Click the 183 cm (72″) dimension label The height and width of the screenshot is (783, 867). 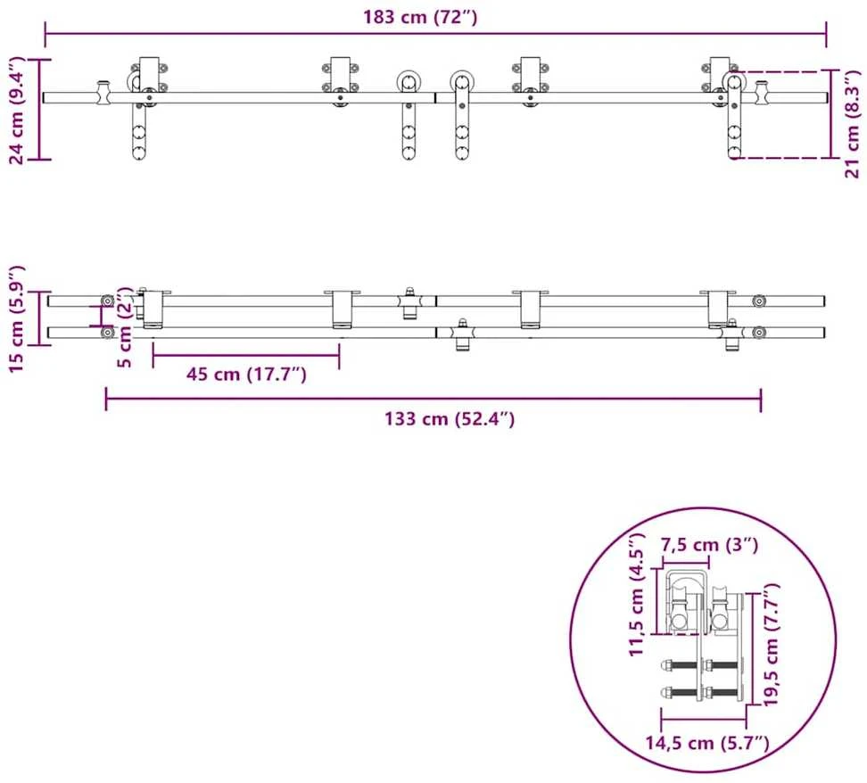pos(420,17)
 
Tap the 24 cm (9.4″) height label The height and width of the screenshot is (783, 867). pos(17,110)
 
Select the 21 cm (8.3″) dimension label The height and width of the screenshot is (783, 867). pos(853,123)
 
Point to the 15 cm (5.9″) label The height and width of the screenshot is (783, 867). pos(17,319)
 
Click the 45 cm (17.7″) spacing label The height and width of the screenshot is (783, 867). pos(246,375)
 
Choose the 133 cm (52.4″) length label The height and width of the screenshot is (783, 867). pos(450,419)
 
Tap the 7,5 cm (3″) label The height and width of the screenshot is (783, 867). pos(709,545)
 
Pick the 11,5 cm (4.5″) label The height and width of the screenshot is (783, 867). pos(637,595)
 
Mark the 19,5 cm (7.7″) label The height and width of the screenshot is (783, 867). pos(771,644)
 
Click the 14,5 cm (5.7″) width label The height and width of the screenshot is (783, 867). pos(707,743)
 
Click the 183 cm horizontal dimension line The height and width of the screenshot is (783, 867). pos(435,33)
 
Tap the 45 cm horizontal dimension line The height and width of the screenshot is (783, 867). pos(246,356)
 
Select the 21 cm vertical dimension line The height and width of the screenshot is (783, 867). pos(831,114)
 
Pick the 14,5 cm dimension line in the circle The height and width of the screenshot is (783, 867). pos(704,719)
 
